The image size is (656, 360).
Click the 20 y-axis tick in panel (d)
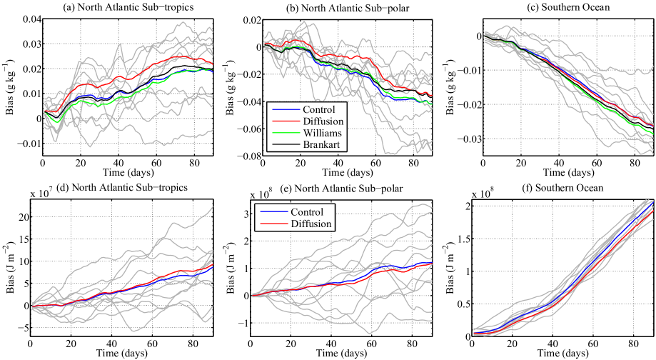click(x=20, y=216)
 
